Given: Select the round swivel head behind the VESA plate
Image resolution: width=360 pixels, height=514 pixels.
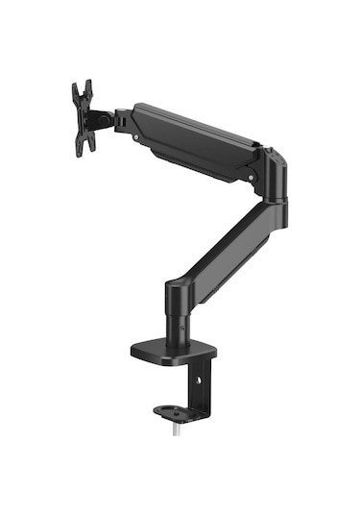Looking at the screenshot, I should pyautogui.click(x=101, y=120).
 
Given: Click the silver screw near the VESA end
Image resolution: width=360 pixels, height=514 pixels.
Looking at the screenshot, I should pyautogui.click(x=137, y=138).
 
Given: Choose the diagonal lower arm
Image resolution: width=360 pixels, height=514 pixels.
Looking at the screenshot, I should pyautogui.click(x=229, y=239).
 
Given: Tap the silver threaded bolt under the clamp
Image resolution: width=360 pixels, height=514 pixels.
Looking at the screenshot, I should pyautogui.click(x=175, y=431).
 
